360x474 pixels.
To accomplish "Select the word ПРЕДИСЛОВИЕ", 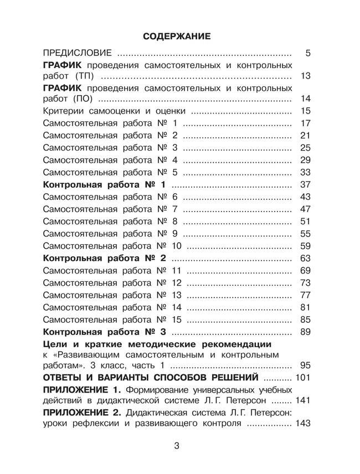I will pyautogui.click(x=78, y=54).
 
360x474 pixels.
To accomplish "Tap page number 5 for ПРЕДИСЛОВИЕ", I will pyautogui.click(x=308, y=54).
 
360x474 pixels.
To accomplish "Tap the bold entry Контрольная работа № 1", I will pyautogui.click(x=104, y=184).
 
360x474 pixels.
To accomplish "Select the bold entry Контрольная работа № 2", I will pyautogui.click(x=104, y=258).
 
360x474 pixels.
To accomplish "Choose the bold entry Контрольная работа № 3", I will pyautogui.click(x=104, y=332).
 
